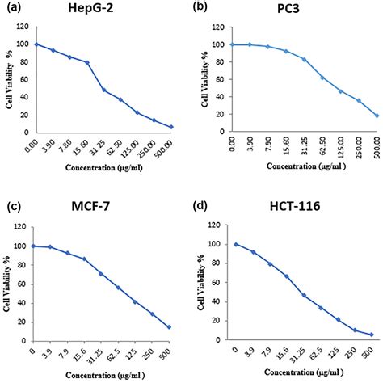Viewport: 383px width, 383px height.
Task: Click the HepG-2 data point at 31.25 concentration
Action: click(x=104, y=89)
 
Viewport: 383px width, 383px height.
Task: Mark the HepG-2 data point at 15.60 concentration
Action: click(x=87, y=62)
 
